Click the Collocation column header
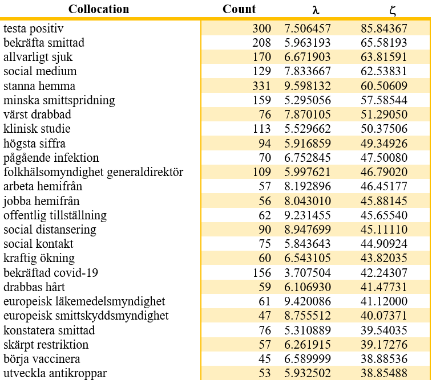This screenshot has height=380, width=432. [x=99, y=9]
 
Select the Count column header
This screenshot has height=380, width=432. [x=239, y=9]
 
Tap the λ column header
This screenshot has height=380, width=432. [x=316, y=10]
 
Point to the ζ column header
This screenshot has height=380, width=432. [x=393, y=11]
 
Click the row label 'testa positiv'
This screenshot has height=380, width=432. [x=33, y=28]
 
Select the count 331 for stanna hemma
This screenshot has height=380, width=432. [x=262, y=86]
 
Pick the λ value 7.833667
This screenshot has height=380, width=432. [x=308, y=71]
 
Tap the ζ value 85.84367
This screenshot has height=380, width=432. [x=384, y=28]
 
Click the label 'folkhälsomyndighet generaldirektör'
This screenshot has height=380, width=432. [x=93, y=172]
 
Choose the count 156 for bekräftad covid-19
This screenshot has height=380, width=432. [x=262, y=273]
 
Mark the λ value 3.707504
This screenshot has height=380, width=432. [x=308, y=273]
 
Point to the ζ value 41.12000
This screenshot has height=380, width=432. [x=384, y=301]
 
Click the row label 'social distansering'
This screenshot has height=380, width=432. [x=50, y=230]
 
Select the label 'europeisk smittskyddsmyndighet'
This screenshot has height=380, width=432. [x=86, y=316]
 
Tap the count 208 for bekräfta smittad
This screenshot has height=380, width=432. [x=262, y=43]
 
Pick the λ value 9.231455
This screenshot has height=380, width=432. [x=308, y=215]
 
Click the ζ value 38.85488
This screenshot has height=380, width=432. [x=384, y=373]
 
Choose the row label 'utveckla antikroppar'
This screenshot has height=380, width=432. [x=55, y=373]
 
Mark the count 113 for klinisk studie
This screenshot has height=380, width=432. [x=262, y=129]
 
